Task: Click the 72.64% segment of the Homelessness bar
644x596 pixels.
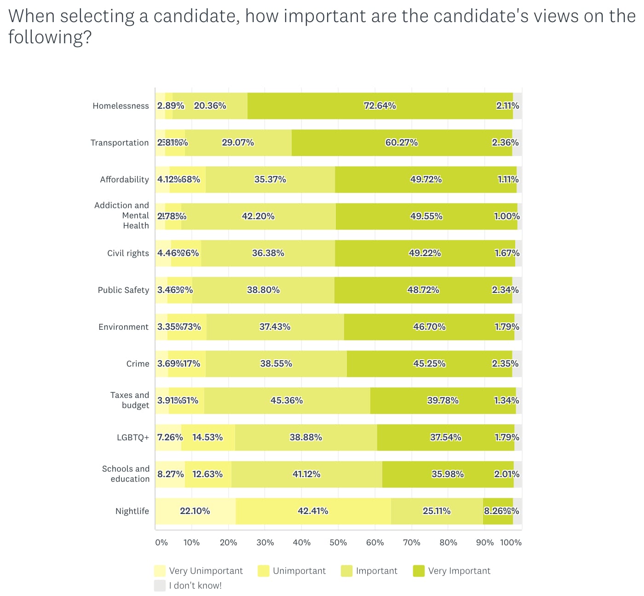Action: click(x=380, y=106)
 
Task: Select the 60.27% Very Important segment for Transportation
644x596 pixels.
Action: click(x=402, y=143)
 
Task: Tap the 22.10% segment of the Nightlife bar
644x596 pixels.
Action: click(x=195, y=511)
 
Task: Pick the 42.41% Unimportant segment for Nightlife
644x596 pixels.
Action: click(x=313, y=511)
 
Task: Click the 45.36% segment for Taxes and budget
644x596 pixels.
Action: click(x=287, y=401)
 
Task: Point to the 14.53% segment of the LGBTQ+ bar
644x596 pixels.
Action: click(x=207, y=438)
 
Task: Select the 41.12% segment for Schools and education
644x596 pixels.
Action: click(x=306, y=474)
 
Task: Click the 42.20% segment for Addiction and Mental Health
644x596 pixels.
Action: click(x=258, y=216)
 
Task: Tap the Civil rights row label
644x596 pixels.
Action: click(x=128, y=253)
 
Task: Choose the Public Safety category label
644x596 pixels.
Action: click(x=123, y=290)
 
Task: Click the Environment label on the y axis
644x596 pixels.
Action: click(x=123, y=327)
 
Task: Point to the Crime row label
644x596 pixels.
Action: click(x=138, y=364)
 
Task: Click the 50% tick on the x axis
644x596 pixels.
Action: click(x=338, y=543)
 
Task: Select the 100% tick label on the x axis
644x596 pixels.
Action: click(x=511, y=543)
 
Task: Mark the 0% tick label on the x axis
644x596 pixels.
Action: click(x=161, y=543)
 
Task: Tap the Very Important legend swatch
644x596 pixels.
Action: click(x=419, y=571)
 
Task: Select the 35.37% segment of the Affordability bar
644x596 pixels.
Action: click(x=270, y=180)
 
